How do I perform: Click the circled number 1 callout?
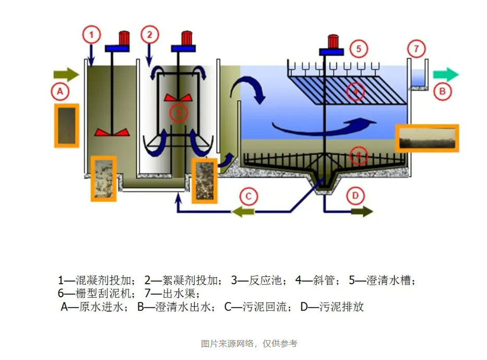[x=91, y=35]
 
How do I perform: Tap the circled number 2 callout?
[x=149, y=35]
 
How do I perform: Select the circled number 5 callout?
[x=358, y=49]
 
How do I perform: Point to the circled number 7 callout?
[x=416, y=49]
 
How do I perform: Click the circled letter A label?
[x=60, y=92]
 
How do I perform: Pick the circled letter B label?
[x=442, y=91]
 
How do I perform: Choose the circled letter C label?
[x=248, y=196]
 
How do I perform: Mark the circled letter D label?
[x=355, y=196]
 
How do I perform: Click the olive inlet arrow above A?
[x=65, y=75]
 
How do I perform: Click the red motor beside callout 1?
[x=124, y=38]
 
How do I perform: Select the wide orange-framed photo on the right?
[x=427, y=138]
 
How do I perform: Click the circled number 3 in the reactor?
[x=178, y=112]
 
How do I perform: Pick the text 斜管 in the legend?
[x=323, y=281]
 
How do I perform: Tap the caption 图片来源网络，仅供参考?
[x=249, y=343]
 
